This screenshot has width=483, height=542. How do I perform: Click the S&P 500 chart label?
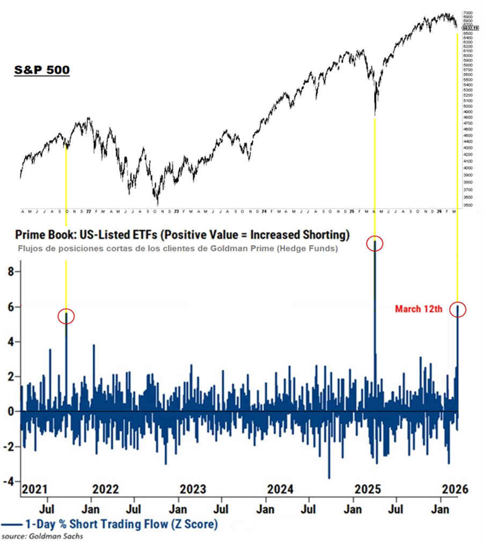point(41,70)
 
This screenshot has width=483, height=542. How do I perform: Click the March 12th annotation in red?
point(418,309)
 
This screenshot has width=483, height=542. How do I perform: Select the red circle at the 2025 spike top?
point(375,244)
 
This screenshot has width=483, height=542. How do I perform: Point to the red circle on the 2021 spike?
point(66,317)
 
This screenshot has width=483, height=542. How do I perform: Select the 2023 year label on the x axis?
point(193,489)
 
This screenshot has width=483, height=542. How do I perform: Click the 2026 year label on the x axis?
point(455,489)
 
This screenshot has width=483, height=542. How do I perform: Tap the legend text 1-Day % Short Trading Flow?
point(121,524)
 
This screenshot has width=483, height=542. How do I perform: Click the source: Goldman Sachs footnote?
point(43,536)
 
